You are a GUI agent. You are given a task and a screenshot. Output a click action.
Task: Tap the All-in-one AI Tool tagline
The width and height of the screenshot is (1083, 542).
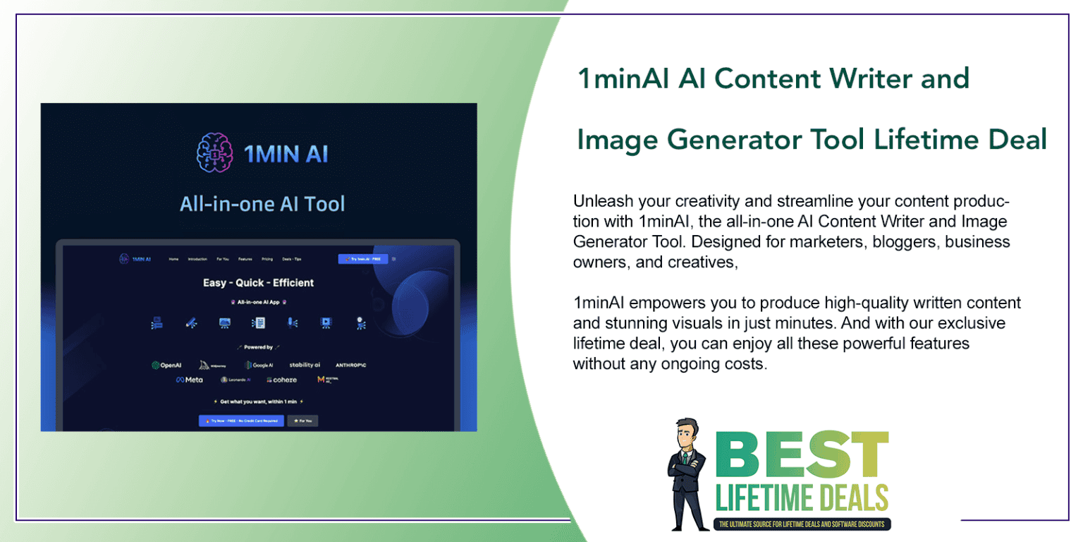[x=262, y=204]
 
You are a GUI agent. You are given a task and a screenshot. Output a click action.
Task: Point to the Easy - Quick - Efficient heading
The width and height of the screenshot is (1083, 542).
[x=258, y=282]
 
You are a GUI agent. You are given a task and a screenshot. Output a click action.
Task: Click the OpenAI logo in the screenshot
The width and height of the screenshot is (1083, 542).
[x=167, y=365]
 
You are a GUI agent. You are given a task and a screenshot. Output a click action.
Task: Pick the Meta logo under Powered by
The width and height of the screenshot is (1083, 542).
[x=189, y=380]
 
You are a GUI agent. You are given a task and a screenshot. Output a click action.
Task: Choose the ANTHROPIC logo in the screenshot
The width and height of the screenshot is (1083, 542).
[x=350, y=365]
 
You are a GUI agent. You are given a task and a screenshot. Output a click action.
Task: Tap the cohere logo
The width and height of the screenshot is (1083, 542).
[x=281, y=380]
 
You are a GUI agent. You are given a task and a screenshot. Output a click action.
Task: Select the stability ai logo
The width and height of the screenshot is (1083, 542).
[x=305, y=365]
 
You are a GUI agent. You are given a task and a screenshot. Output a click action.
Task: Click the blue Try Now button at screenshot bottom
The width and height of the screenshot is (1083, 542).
[x=241, y=421]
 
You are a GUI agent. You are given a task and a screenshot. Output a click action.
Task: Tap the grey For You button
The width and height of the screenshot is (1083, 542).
[x=302, y=421]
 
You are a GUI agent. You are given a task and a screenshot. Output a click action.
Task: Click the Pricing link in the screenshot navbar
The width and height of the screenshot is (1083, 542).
[x=267, y=259]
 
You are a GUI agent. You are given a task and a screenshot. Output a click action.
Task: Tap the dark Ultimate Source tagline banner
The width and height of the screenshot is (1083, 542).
[x=803, y=524]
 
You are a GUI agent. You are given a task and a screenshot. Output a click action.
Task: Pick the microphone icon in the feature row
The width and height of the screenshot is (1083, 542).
[x=290, y=323]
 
